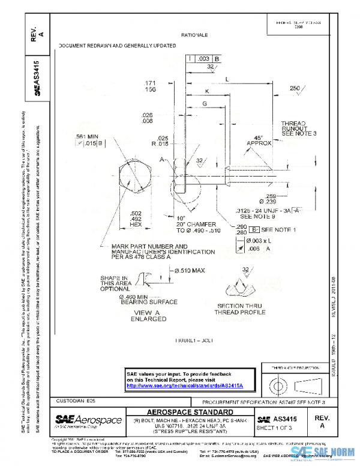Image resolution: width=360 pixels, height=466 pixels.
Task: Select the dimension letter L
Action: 226,79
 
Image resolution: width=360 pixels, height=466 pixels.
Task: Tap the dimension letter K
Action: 206,91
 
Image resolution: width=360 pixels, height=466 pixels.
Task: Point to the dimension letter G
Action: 205,104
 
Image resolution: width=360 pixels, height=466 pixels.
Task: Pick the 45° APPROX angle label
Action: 259,140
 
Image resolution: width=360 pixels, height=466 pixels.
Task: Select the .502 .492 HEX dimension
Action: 136,217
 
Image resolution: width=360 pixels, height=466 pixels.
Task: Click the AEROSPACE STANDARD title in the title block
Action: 190,412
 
